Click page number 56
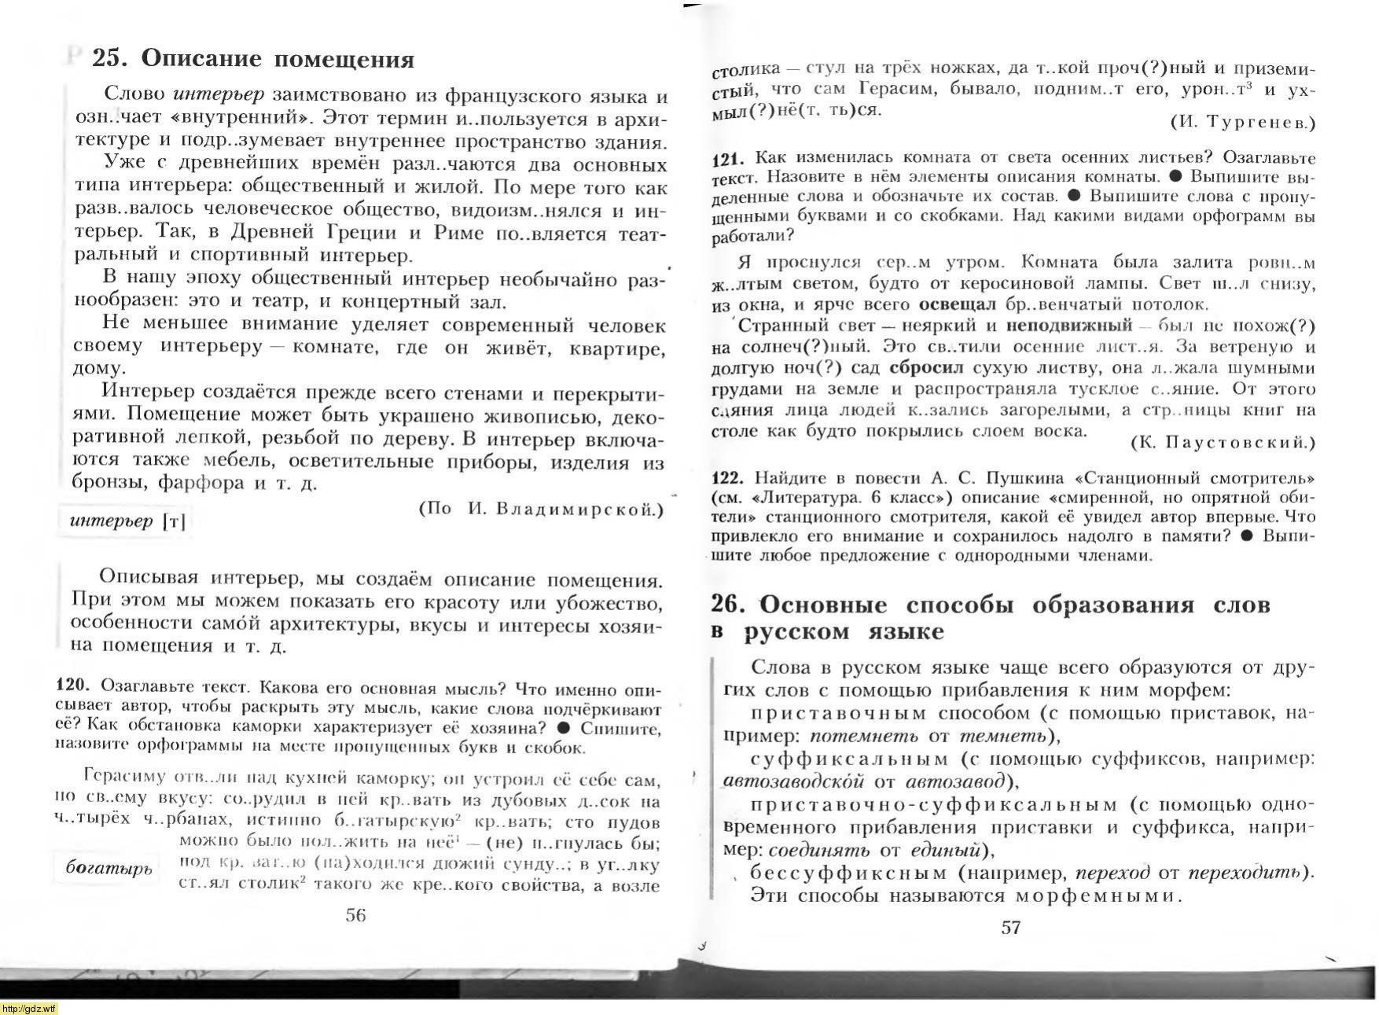coord(355,914)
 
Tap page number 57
coord(1011,927)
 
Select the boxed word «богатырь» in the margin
coord(108,869)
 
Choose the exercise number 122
coord(728,478)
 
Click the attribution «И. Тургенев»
coord(1241,122)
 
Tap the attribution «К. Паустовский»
coord(1222,443)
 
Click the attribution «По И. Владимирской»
coord(541,509)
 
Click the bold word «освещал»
coord(957,304)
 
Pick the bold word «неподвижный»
coord(1069,325)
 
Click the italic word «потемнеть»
coord(863,736)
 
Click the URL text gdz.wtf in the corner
coord(28,1009)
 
